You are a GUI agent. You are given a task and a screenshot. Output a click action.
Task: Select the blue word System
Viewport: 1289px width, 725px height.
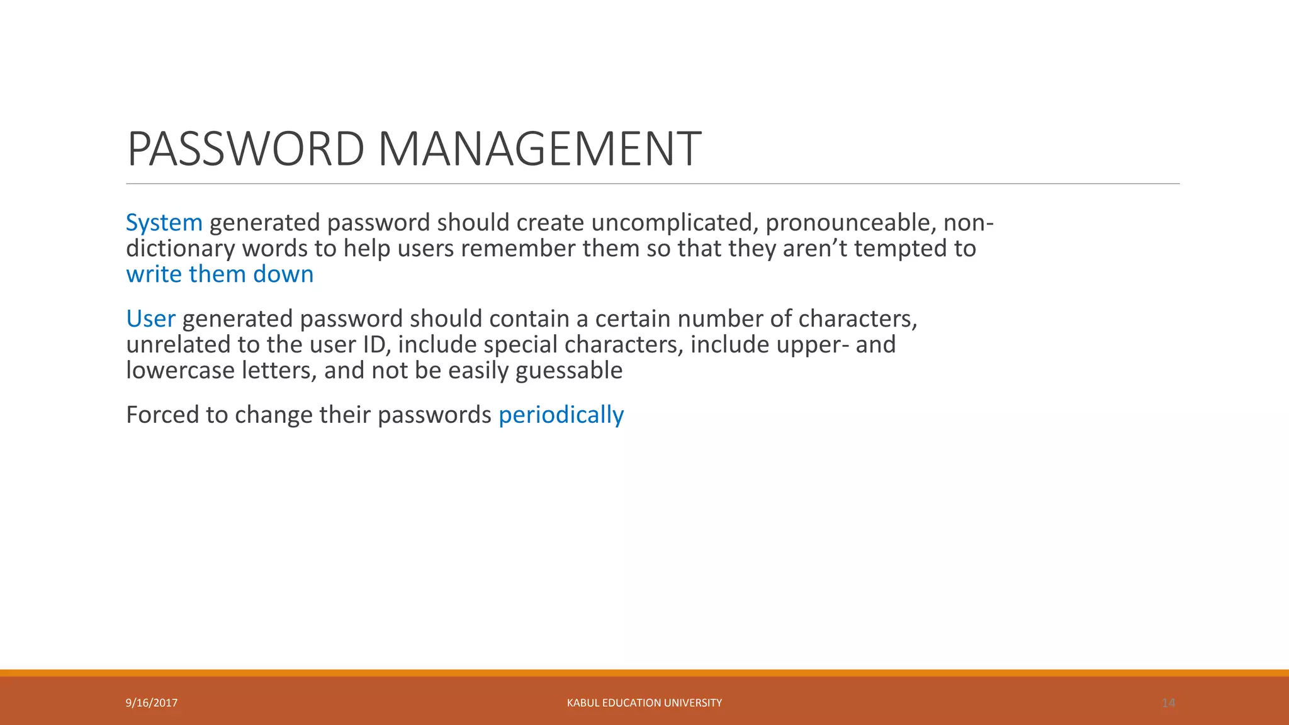point(164,223)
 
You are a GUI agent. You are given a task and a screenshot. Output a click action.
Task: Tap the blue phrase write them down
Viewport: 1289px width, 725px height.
point(220,274)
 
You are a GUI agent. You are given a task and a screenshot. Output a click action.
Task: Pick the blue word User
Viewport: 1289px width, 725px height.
point(150,319)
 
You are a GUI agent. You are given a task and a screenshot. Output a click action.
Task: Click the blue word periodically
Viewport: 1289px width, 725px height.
point(561,415)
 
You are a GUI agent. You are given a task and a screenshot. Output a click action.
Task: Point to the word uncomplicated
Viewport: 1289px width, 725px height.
point(675,223)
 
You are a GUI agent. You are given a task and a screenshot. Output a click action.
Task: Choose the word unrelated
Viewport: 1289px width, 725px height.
point(178,345)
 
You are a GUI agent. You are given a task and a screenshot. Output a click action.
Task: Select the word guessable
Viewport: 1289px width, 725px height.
point(569,371)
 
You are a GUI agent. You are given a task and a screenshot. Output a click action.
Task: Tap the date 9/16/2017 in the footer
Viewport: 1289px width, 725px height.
point(152,703)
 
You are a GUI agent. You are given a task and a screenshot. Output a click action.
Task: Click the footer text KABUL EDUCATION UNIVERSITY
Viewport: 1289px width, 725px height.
point(644,703)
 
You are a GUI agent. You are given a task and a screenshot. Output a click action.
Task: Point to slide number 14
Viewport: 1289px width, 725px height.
point(1168,703)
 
